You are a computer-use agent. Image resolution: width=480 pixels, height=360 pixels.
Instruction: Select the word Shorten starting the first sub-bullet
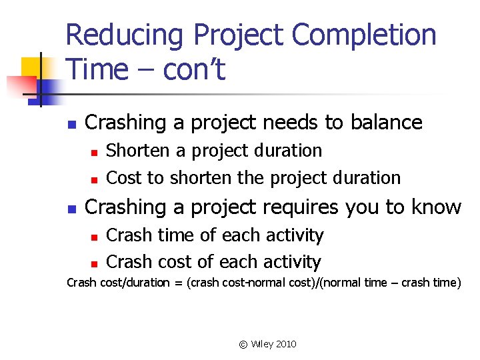pos(138,151)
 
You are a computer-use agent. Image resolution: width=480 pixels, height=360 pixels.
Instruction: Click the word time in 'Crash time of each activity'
pos(179,235)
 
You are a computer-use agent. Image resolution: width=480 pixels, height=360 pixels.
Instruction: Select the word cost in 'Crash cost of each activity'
pos(179,262)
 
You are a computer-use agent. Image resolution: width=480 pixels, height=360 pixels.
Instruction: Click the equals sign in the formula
pos(179,283)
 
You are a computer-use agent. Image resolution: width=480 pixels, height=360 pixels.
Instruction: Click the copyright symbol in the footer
pos(243,345)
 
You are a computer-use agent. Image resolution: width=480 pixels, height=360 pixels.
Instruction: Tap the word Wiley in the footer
pos(262,345)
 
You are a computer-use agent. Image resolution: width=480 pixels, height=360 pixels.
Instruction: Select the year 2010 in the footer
pos(286,345)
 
